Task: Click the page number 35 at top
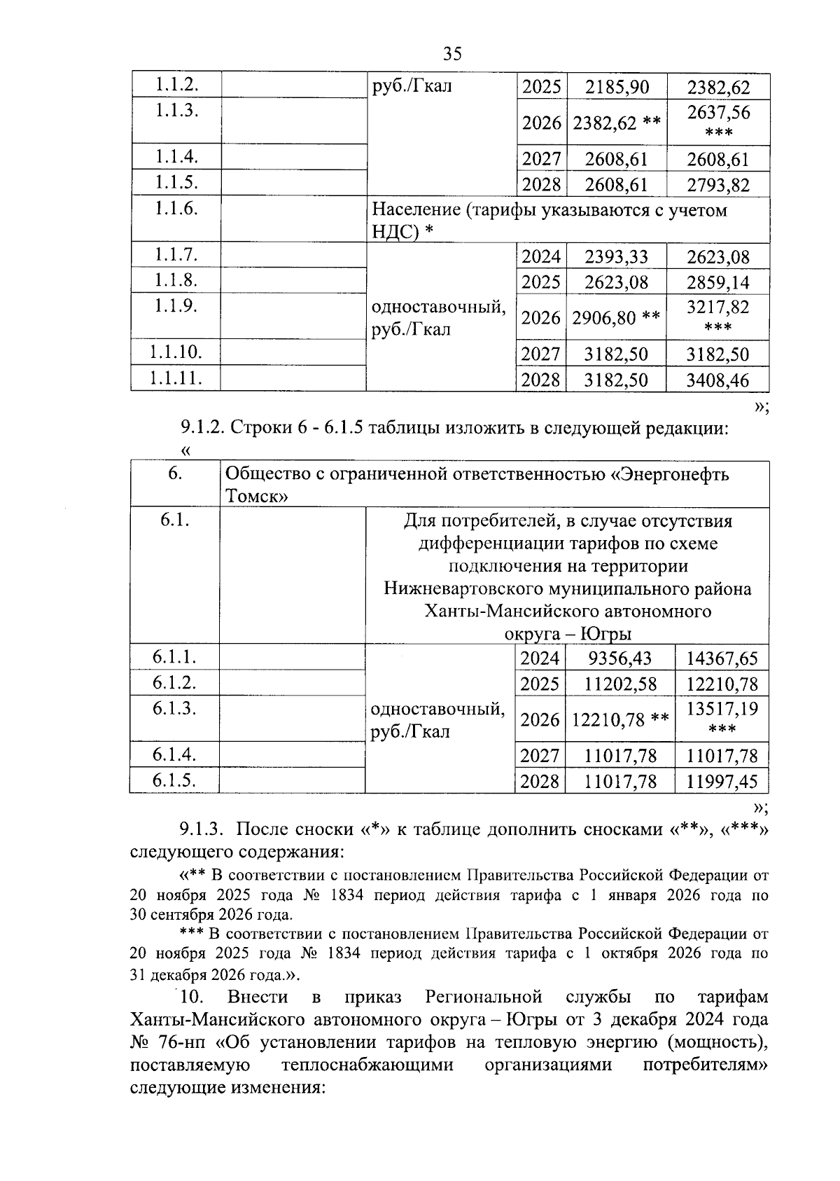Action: tap(452, 54)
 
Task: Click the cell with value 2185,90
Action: tap(617, 88)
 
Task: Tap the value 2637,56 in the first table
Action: tap(717, 113)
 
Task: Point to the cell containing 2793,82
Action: tap(717, 186)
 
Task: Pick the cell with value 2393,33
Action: tap(617, 257)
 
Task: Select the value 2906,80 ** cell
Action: tap(617, 318)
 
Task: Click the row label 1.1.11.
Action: tap(175, 378)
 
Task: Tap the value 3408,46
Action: tap(717, 380)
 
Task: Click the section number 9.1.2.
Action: tap(202, 428)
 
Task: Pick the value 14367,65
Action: tap(722, 658)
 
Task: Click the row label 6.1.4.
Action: tap(174, 754)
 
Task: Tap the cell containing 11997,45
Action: tap(722, 782)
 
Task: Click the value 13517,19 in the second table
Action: tap(722, 709)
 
